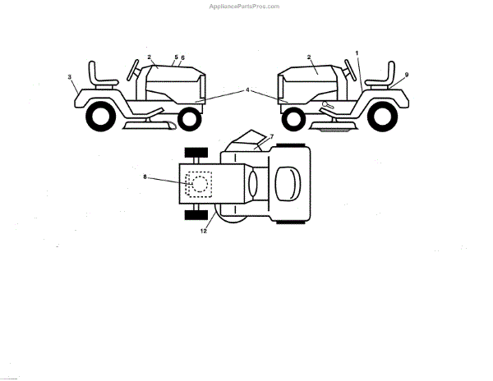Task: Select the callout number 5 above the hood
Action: (x=176, y=57)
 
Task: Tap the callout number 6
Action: (x=182, y=57)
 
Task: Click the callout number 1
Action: (x=357, y=53)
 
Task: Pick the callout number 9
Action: (x=406, y=75)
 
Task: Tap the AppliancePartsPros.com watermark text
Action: (x=246, y=5)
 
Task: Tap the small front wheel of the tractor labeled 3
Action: (x=189, y=119)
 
